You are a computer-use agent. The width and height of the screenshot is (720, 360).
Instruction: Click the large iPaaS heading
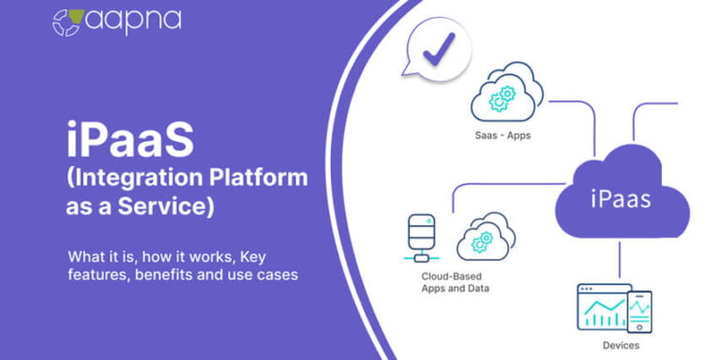pyautogui.click(x=130, y=141)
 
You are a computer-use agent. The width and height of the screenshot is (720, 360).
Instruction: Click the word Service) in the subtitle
pyautogui.click(x=170, y=208)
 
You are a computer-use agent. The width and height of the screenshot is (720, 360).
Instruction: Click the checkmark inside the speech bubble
pyautogui.click(x=436, y=49)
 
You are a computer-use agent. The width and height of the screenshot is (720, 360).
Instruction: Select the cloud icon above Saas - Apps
pyautogui.click(x=506, y=94)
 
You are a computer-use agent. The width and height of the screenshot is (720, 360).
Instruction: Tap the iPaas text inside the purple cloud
pyautogui.click(x=622, y=198)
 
